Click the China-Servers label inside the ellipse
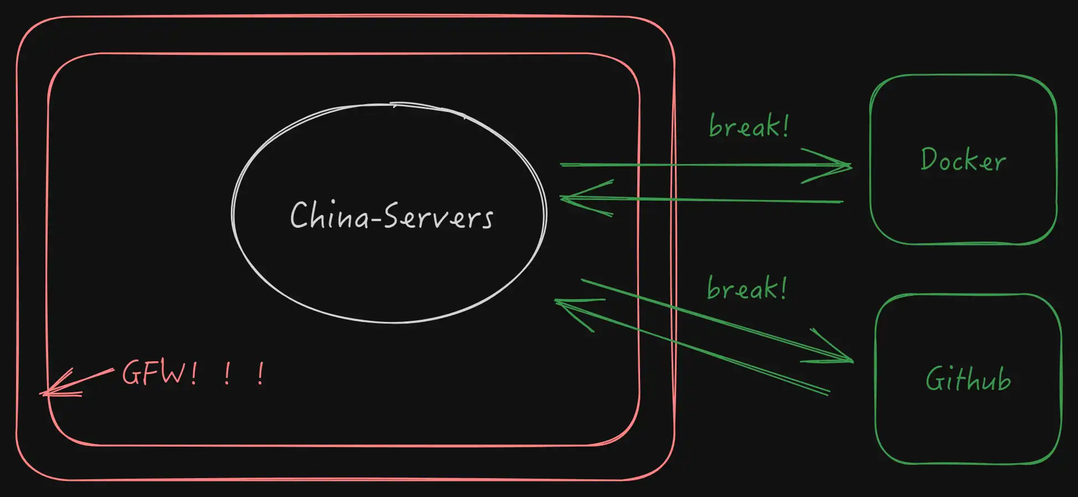click(391, 216)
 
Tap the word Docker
click(963, 160)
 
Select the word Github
click(968, 379)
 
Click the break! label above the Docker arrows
click(748, 126)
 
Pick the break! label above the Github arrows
click(746, 288)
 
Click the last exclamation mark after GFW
click(261, 374)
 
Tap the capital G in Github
click(935, 379)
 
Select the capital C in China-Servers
click(299, 215)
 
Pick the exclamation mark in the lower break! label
click(782, 288)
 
